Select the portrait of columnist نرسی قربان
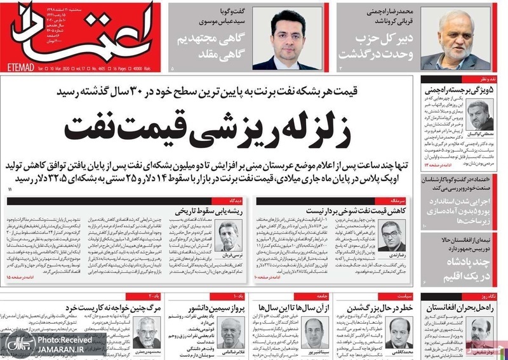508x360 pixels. click(x=227, y=237)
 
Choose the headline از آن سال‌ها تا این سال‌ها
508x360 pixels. click(x=293, y=307)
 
